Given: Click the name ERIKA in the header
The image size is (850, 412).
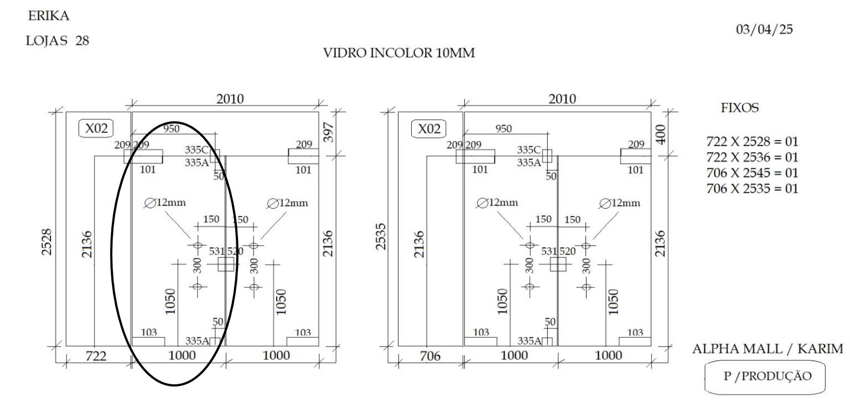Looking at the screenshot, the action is tap(49, 16).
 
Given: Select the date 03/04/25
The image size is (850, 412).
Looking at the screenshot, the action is tap(764, 29).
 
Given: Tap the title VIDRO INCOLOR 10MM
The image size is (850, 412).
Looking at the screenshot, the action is tap(399, 53).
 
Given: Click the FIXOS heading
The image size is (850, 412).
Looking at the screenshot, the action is tap(739, 108).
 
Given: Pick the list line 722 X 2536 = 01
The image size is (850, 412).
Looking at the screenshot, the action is tap(752, 157).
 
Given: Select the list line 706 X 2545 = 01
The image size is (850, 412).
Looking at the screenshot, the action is tap(752, 173).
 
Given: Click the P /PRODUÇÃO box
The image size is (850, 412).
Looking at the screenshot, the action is tap(765, 377).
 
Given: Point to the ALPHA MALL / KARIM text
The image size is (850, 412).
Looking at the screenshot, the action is tap(768, 348).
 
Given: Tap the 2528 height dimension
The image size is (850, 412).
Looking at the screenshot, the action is tap(46, 242).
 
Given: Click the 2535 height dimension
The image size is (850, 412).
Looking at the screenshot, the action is tap(380, 237).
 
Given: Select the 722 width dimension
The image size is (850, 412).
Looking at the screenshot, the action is tap(96, 356).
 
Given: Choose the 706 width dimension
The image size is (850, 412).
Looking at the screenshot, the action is tap(430, 356).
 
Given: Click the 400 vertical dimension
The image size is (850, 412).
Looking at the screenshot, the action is tap(661, 135).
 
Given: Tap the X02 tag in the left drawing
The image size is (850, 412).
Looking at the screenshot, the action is tap(96, 128).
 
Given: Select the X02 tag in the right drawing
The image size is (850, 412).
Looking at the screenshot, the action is tap(429, 128).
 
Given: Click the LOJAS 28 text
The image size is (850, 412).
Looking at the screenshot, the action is tap(58, 40).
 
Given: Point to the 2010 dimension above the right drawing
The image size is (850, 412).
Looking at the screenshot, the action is tap(562, 99).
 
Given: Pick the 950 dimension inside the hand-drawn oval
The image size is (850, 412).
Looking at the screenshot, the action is tap(172, 128).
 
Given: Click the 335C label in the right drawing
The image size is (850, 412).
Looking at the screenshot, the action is tap(528, 150).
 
